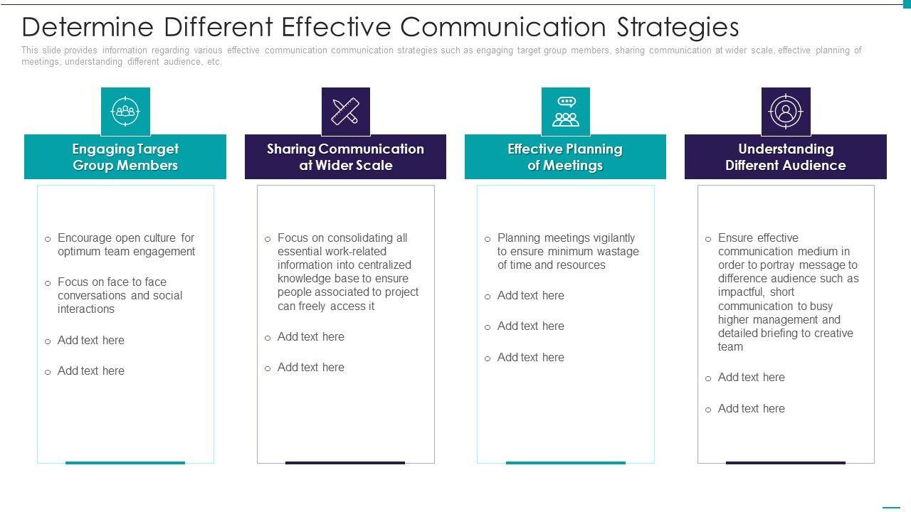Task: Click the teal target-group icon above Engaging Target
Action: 125,112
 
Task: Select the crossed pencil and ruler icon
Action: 345,112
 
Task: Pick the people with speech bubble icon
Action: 566,112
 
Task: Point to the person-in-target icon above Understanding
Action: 786,112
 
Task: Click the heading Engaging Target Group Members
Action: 125,157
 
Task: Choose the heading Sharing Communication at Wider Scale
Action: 345,157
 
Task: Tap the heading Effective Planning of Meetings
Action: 565,157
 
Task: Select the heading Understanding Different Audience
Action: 786,157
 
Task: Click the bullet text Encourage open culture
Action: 126,245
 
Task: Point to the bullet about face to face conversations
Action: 120,295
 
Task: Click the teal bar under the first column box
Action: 125,463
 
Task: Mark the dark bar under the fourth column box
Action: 786,463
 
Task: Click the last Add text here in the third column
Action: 530,358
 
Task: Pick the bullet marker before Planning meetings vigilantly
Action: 488,240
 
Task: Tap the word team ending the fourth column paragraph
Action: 730,347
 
